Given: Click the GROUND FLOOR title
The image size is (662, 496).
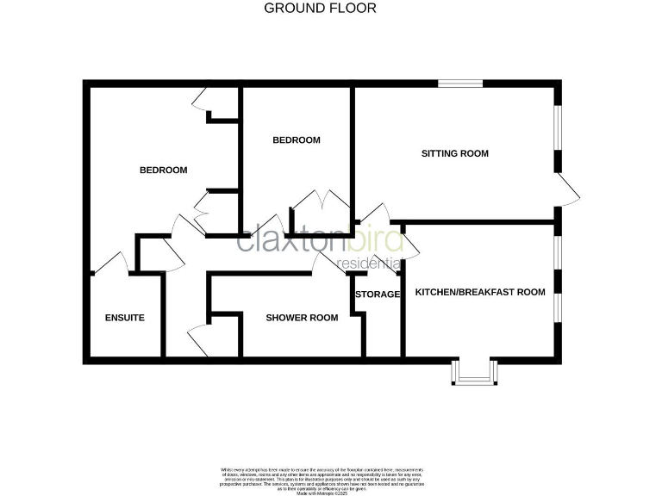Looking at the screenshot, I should point(319,9).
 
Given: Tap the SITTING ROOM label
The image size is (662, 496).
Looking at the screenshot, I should point(454,154).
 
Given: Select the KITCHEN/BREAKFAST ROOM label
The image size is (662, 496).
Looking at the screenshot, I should point(480,292).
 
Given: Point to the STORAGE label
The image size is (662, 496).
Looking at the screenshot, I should point(378,294).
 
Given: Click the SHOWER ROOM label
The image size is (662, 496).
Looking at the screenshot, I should point(301,318).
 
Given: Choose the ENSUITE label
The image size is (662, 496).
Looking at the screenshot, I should point(124,318).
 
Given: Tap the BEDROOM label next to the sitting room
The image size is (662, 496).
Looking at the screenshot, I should point(296,140).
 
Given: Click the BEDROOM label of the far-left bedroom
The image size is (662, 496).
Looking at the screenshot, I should point(163,170).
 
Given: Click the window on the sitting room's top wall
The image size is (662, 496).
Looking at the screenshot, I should point(459,83).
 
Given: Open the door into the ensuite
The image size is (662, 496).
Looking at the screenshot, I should point(110,263).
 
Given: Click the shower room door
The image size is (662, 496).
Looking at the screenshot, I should point(328,263).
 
